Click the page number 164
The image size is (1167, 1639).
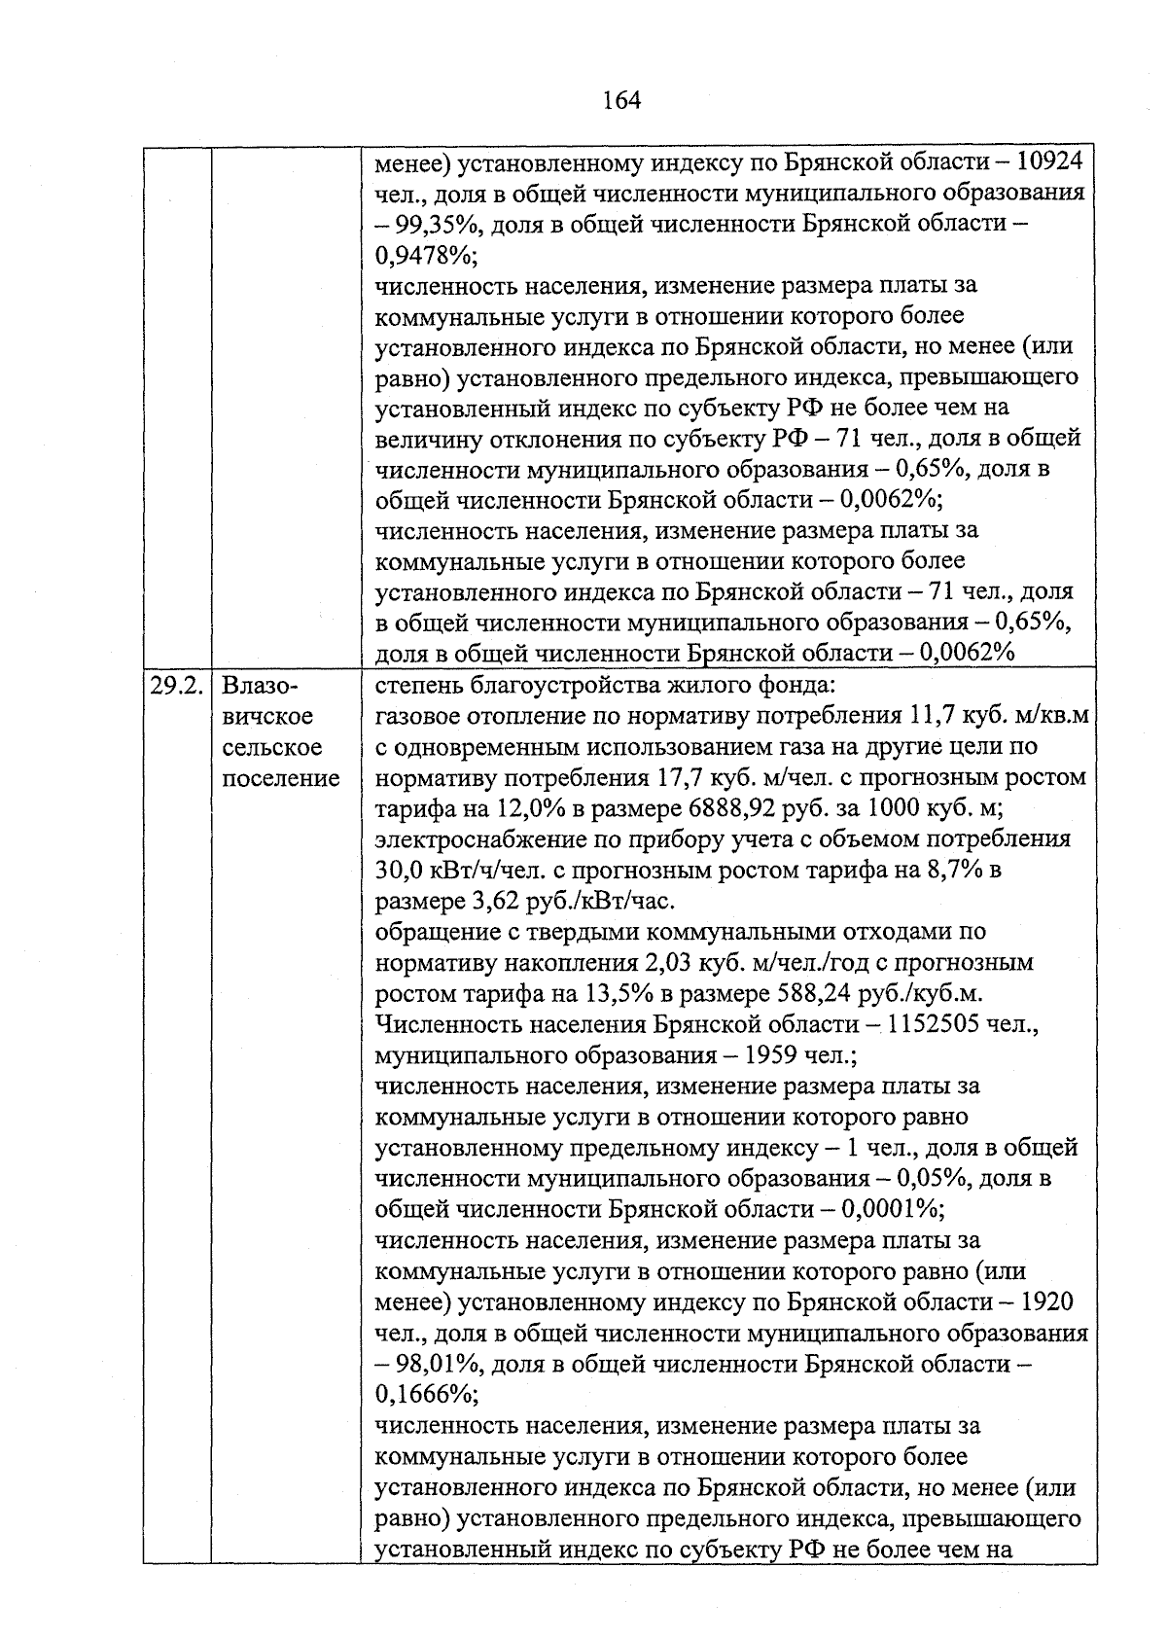tap(621, 100)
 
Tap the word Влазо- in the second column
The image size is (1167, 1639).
tap(257, 686)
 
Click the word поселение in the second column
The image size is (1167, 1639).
tap(281, 778)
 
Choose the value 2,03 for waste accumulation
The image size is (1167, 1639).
tap(670, 963)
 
